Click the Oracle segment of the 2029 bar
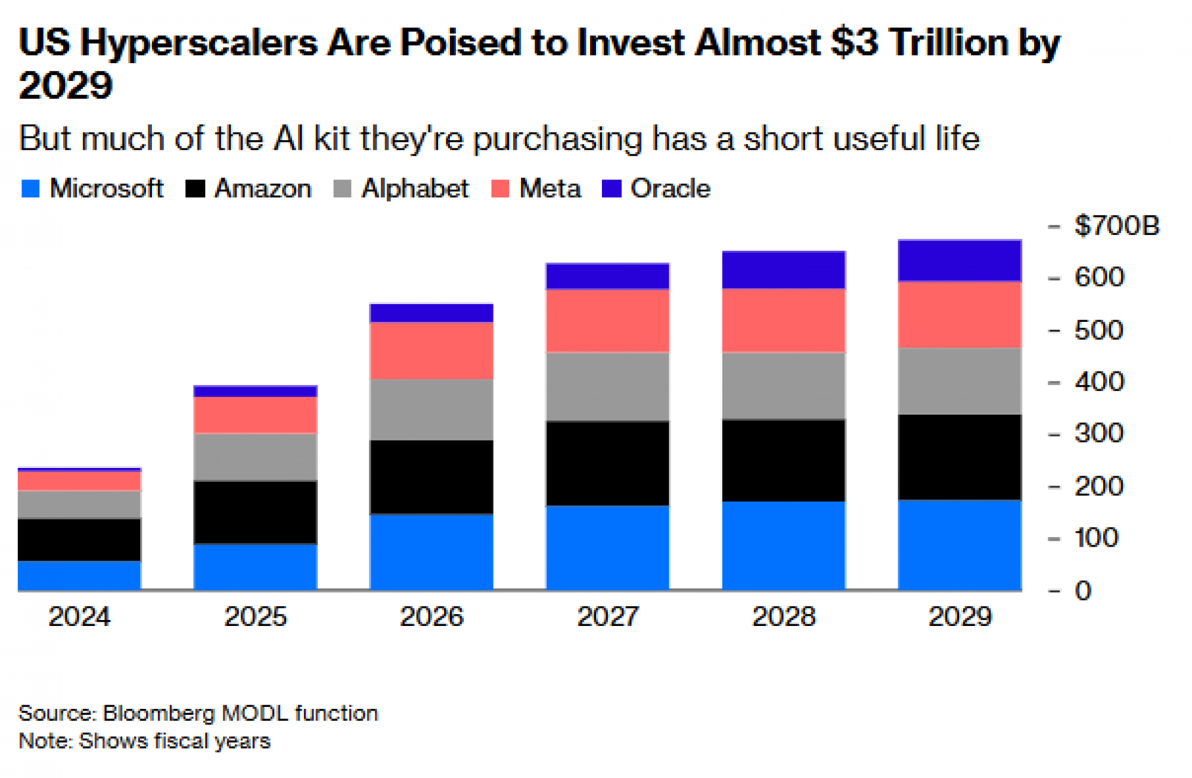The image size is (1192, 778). [960, 261]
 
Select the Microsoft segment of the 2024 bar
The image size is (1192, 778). [79, 575]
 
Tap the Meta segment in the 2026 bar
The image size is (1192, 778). [432, 351]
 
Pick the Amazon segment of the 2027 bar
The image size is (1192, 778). [607, 463]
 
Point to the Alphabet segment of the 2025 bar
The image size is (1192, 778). [255, 457]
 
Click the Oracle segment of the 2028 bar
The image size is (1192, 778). [784, 270]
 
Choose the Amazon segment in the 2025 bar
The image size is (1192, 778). [255, 512]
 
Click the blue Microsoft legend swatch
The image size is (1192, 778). [30, 188]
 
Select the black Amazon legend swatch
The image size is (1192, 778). [195, 188]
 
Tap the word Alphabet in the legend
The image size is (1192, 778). [415, 188]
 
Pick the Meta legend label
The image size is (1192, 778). [550, 188]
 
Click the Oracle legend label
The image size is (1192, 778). [670, 188]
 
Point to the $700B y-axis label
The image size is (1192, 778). [1116, 226]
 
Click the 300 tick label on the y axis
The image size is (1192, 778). [1099, 433]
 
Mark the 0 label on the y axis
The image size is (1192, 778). [1083, 591]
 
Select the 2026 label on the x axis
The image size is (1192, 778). [432, 616]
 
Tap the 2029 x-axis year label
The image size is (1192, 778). [960, 616]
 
